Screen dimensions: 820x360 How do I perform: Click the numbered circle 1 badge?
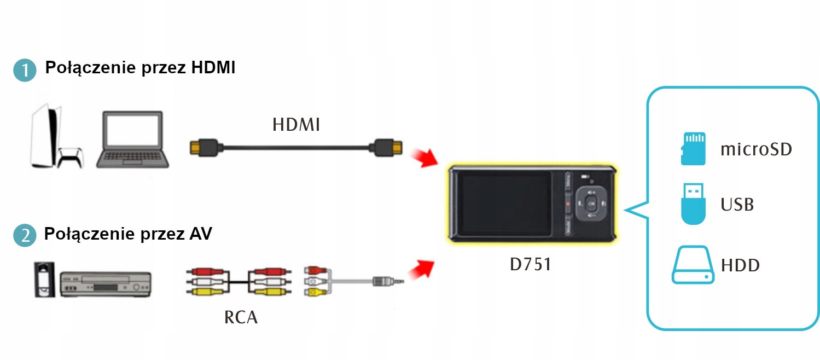(25, 70)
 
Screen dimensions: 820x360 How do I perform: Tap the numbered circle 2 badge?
(25, 235)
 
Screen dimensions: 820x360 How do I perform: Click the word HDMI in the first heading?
(213, 67)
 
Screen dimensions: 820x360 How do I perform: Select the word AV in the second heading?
(201, 234)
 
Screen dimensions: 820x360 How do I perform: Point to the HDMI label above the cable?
(296, 125)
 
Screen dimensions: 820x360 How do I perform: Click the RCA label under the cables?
(241, 317)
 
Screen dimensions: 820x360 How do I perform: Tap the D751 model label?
(531, 264)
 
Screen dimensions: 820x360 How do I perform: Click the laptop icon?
(132, 140)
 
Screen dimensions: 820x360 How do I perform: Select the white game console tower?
(45, 136)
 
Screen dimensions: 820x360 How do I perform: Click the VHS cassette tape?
(44, 280)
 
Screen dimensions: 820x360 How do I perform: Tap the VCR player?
(106, 284)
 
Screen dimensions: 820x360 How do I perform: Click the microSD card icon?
(693, 149)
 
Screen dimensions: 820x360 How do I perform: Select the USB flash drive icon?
(693, 204)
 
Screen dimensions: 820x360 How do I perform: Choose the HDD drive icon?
(693, 264)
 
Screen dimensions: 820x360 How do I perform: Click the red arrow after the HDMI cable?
(424, 158)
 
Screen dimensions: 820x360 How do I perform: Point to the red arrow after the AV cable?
(421, 270)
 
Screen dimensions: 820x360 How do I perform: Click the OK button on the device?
(591, 204)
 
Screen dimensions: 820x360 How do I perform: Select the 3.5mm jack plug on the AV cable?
(388, 281)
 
